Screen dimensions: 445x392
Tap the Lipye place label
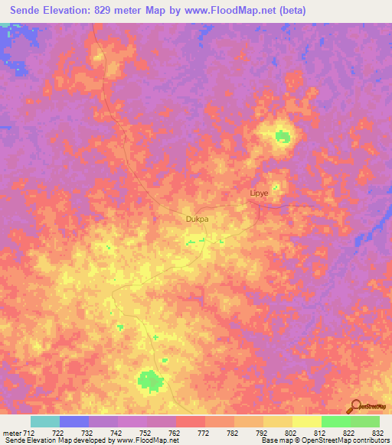(x=260, y=193)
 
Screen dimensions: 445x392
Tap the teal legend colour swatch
(x=45, y=421)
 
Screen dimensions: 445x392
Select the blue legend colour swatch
(x=74, y=421)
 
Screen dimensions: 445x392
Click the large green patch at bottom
(x=150, y=380)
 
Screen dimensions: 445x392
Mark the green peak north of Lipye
(x=283, y=137)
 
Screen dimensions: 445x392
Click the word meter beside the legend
(x=11, y=432)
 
